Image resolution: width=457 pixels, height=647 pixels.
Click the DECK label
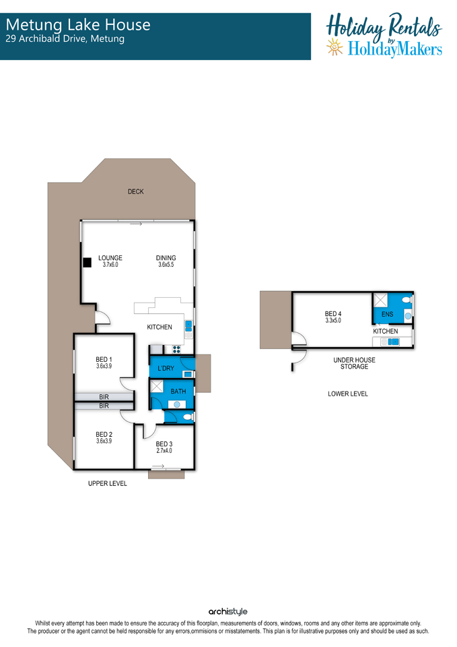(135, 191)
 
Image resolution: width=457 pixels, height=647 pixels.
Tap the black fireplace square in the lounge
(87, 262)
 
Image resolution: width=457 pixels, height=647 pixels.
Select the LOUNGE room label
(110, 258)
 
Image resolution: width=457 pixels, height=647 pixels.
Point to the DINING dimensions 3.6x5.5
(166, 264)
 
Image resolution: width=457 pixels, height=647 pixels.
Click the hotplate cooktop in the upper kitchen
(176, 350)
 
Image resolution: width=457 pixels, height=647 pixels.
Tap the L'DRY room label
(166, 368)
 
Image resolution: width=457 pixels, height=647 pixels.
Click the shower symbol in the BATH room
(157, 386)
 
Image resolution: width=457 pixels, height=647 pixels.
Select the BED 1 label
(104, 359)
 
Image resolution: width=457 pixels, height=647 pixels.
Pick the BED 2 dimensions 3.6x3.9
(104, 441)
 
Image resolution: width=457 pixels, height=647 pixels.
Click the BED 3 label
(164, 444)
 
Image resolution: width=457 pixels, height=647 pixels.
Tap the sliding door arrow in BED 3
(158, 466)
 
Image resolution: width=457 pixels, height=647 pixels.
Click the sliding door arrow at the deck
(136, 224)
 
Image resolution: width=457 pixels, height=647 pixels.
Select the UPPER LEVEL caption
(108, 483)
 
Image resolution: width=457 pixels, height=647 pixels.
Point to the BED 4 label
(333, 313)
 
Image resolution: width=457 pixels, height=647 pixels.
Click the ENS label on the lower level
(388, 315)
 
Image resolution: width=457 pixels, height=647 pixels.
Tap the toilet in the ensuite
(407, 299)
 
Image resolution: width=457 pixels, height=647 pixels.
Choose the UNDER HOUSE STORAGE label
(355, 363)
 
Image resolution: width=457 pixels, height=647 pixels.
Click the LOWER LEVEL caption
(348, 394)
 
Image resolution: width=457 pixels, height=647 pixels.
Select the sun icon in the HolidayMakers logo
(335, 47)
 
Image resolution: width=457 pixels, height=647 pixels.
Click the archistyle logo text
(228, 611)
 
